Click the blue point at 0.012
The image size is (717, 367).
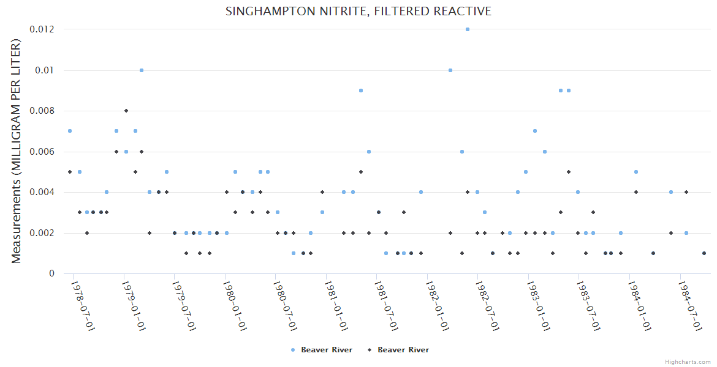(x=468, y=29)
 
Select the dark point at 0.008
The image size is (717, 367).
(x=126, y=111)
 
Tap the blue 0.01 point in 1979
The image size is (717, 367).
(x=142, y=70)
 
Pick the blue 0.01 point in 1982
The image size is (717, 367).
(x=450, y=70)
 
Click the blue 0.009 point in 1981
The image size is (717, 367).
(x=361, y=91)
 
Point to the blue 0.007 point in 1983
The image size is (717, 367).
(x=535, y=131)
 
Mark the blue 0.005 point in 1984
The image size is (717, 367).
(x=636, y=172)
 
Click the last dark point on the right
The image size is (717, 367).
(x=704, y=253)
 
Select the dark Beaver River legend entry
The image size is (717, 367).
(x=398, y=350)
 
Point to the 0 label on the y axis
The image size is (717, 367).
(x=51, y=273)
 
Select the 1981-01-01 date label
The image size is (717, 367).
(x=336, y=305)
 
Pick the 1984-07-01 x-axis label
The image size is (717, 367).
(x=691, y=305)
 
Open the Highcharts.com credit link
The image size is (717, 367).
(x=688, y=361)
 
